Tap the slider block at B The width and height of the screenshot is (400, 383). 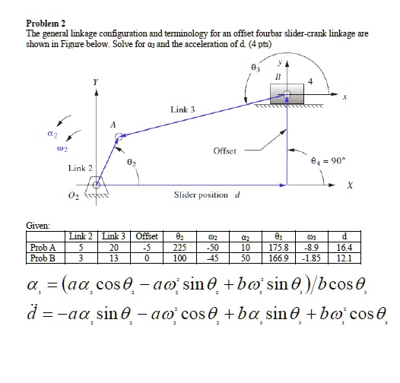click(x=287, y=94)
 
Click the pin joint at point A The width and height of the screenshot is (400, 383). click(x=119, y=138)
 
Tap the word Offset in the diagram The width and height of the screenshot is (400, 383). click(x=224, y=150)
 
